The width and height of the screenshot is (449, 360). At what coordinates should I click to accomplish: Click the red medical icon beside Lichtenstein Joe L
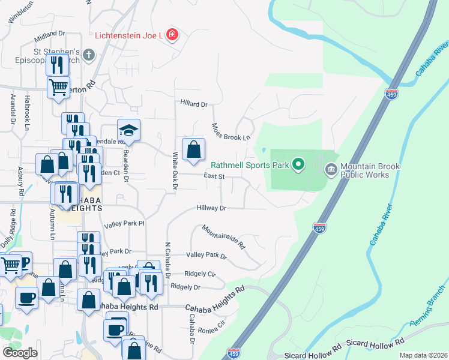pyautogui.click(x=172, y=35)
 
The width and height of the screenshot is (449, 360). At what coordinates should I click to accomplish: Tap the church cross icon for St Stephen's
pyautogui.click(x=88, y=56)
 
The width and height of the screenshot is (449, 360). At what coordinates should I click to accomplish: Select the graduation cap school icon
pyautogui.click(x=128, y=130)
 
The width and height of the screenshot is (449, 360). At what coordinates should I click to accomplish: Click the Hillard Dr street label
pyautogui.click(x=193, y=104)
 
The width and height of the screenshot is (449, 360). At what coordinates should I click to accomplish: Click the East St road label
pyautogui.click(x=214, y=176)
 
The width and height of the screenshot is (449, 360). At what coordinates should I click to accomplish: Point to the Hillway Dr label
pyautogui.click(x=211, y=208)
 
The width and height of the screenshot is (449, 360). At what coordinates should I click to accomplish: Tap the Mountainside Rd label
pyautogui.click(x=223, y=237)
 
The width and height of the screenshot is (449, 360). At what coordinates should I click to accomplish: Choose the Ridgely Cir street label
pyautogui.click(x=200, y=274)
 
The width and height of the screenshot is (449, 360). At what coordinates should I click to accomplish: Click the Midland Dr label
pyautogui.click(x=49, y=37)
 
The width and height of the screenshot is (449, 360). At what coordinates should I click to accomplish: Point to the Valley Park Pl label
pyautogui.click(x=124, y=224)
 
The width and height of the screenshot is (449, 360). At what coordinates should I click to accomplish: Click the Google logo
pyautogui.click(x=20, y=353)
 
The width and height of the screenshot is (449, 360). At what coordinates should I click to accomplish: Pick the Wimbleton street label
pyautogui.click(x=20, y=13)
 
